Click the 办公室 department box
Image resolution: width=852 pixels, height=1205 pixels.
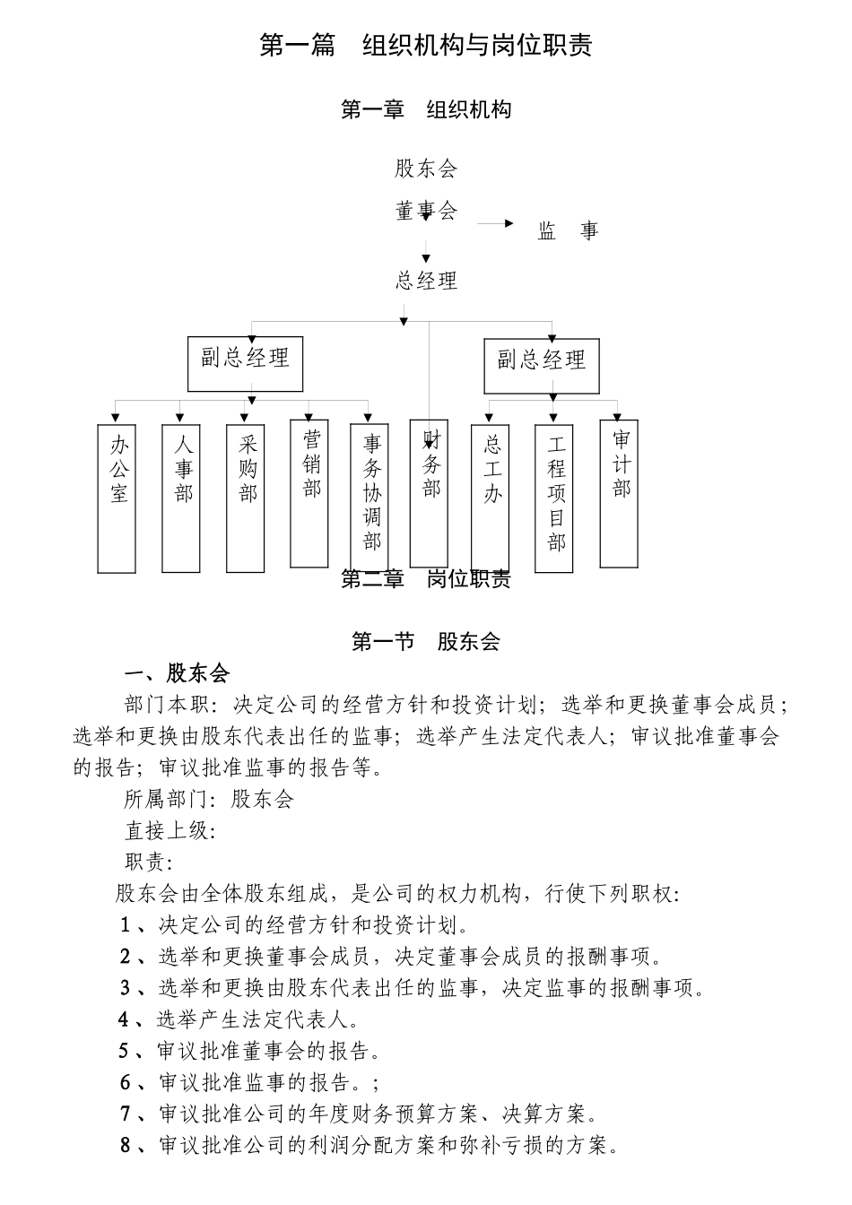117,498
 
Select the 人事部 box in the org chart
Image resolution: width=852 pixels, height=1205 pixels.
181,498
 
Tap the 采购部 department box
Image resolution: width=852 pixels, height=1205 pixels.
246,498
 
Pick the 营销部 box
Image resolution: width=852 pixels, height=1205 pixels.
310,493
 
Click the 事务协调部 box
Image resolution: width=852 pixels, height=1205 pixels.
369,498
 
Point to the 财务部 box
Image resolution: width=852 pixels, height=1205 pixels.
429,493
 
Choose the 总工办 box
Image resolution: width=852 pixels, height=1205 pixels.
491,498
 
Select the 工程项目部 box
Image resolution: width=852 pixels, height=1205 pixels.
554,498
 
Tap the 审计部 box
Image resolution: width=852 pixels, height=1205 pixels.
620,493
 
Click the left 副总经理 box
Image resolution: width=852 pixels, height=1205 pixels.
245,363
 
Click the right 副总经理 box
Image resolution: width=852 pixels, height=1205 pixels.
542,365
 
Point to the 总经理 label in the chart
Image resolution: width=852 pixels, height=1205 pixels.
427,281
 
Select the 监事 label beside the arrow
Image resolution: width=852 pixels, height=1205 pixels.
568,231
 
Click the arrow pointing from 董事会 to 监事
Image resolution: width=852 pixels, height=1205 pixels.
495,223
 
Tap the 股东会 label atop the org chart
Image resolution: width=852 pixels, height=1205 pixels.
426,168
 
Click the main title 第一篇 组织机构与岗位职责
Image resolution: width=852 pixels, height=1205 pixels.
426,46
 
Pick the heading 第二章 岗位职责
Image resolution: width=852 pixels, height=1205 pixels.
426,579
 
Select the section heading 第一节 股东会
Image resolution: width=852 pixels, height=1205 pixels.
426,641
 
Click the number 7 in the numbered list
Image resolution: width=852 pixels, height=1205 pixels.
126,1114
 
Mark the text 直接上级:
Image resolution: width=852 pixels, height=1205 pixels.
170,830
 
